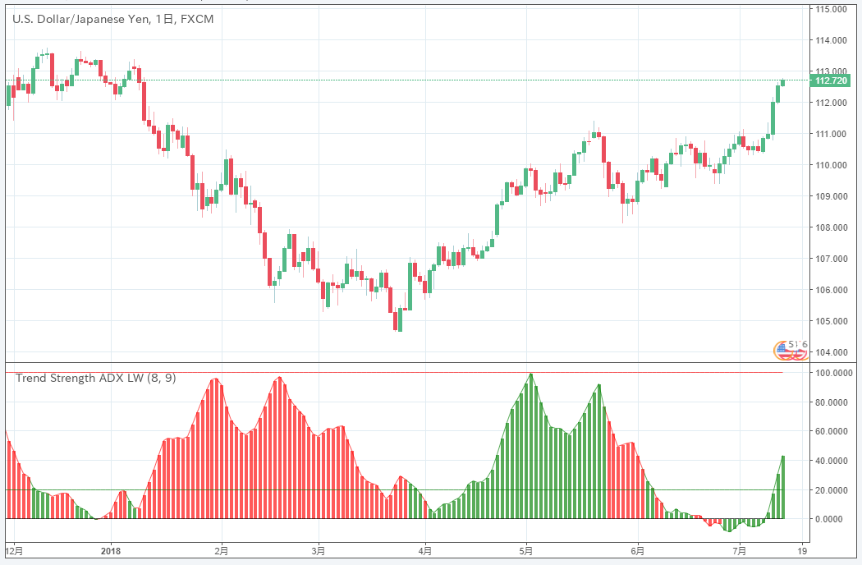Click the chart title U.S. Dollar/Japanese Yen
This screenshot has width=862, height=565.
tap(79, 19)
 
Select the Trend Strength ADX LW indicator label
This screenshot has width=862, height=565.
tap(95, 378)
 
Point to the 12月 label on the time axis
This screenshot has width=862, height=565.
tap(14, 550)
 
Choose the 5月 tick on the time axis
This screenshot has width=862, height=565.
tap(527, 550)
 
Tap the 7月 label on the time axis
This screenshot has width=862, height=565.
tap(740, 550)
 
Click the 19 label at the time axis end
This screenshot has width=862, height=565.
tap(802, 550)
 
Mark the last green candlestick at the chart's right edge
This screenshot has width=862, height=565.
tap(783, 82)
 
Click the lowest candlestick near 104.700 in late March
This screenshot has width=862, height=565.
tap(400, 319)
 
